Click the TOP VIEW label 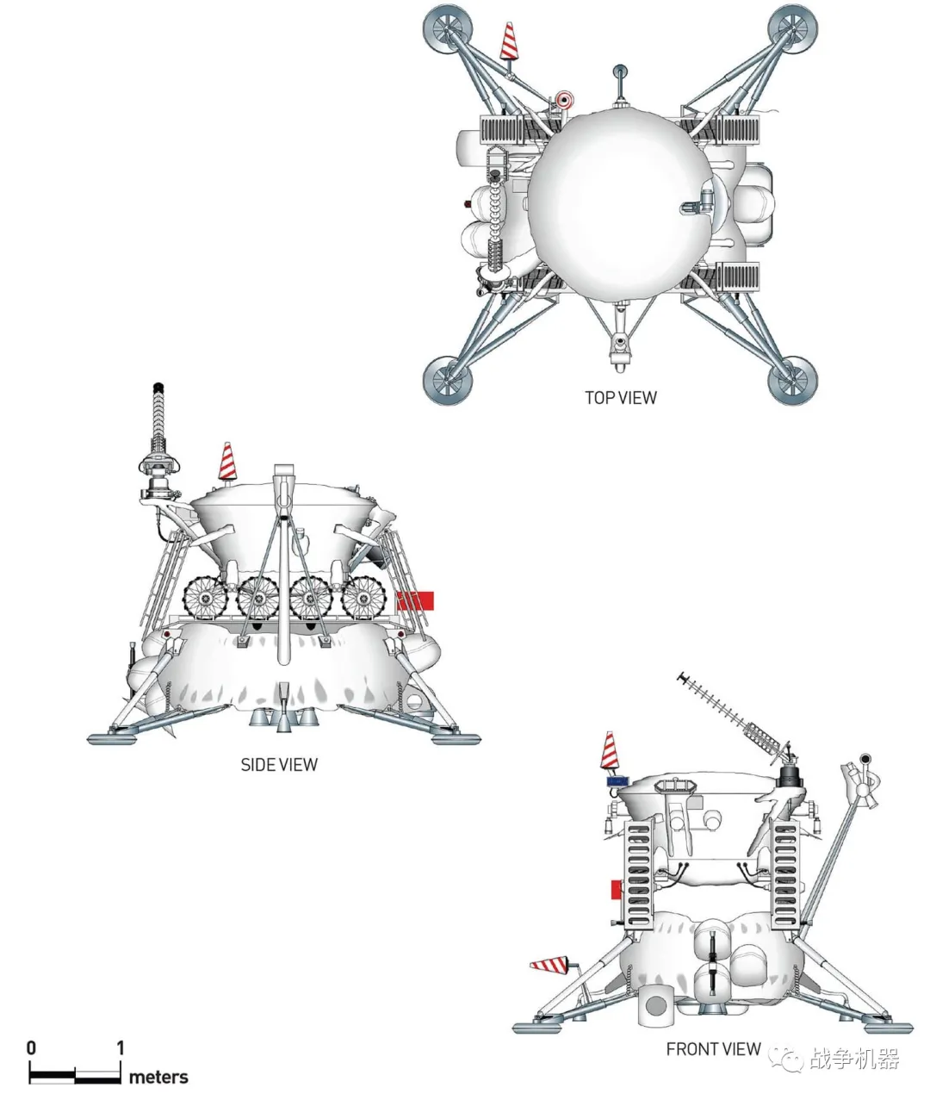(x=620, y=397)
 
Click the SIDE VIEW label (x=279, y=765)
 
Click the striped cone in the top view (x=509, y=40)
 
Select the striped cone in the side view (x=226, y=461)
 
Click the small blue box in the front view (x=617, y=781)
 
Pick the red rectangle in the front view (x=617, y=889)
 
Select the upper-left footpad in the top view (x=447, y=28)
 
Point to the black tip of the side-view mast (x=158, y=388)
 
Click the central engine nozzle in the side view (x=283, y=718)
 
